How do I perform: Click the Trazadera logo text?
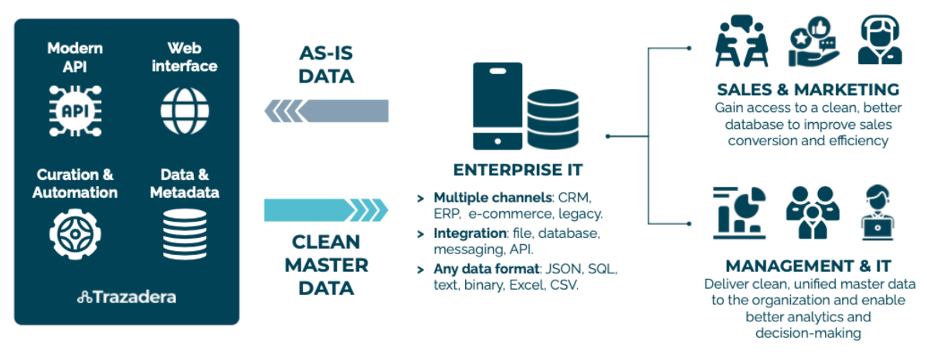(127, 297)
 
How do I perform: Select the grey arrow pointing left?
(325, 110)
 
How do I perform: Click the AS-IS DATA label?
(325, 65)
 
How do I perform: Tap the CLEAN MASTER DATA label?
(325, 265)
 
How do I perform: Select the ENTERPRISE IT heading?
(518, 170)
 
